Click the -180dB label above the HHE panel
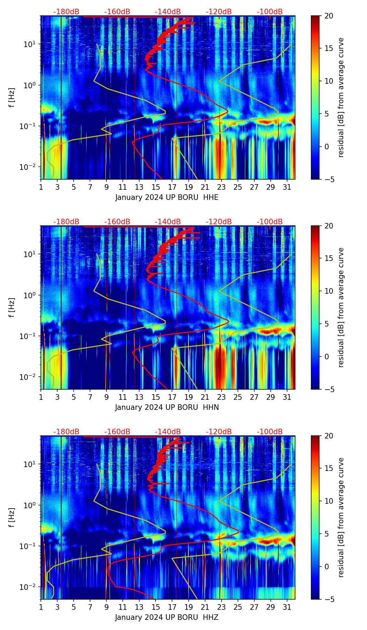[x=66, y=12]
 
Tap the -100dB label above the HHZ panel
[x=270, y=432]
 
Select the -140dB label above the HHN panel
[x=168, y=222]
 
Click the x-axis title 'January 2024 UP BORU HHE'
[x=167, y=197]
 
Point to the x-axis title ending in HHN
[x=167, y=407]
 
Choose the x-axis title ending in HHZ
[x=167, y=617]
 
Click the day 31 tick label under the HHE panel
[x=287, y=187]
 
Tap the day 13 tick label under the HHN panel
[x=139, y=397]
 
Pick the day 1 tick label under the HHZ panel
[x=41, y=607]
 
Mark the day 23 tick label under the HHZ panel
[x=221, y=607]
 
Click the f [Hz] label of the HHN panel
[x=12, y=307]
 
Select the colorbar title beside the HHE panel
[x=341, y=97]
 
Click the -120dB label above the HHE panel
[x=219, y=12]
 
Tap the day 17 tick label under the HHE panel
[x=172, y=187]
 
